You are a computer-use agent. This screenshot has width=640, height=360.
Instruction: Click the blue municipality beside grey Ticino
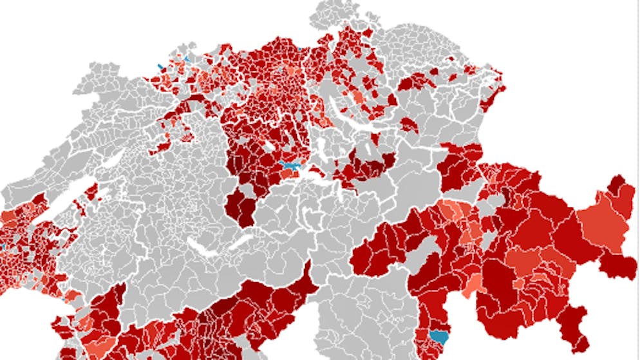point(440,336)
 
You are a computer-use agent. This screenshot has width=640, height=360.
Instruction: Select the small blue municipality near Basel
point(160,66)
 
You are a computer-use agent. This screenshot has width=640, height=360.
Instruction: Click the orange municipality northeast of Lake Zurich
point(357,97)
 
